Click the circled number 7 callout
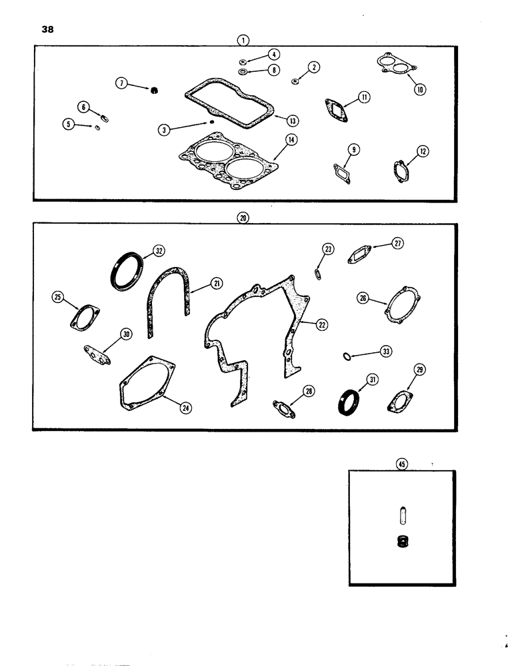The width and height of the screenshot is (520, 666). pyautogui.click(x=121, y=83)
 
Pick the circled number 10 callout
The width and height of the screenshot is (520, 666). pyautogui.click(x=420, y=88)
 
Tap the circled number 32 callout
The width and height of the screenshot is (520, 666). pyautogui.click(x=158, y=250)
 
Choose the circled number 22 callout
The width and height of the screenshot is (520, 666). pyautogui.click(x=321, y=324)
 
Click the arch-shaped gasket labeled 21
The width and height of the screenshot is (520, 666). pyautogui.click(x=169, y=303)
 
